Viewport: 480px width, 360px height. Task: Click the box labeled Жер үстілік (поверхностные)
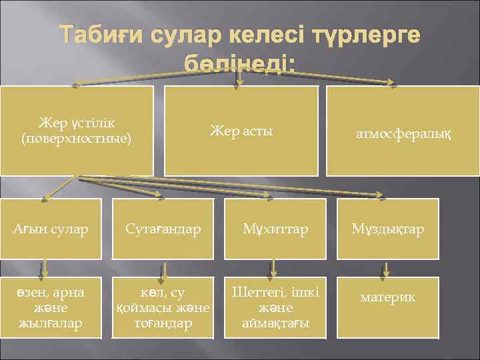77,131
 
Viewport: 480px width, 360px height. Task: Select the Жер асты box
241,131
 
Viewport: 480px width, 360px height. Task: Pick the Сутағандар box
163,229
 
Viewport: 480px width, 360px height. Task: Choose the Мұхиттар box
275,229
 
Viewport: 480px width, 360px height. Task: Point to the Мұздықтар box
389,229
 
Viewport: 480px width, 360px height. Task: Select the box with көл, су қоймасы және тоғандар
163,308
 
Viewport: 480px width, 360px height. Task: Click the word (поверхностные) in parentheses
77,139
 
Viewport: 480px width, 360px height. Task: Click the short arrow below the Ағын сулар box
44,268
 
